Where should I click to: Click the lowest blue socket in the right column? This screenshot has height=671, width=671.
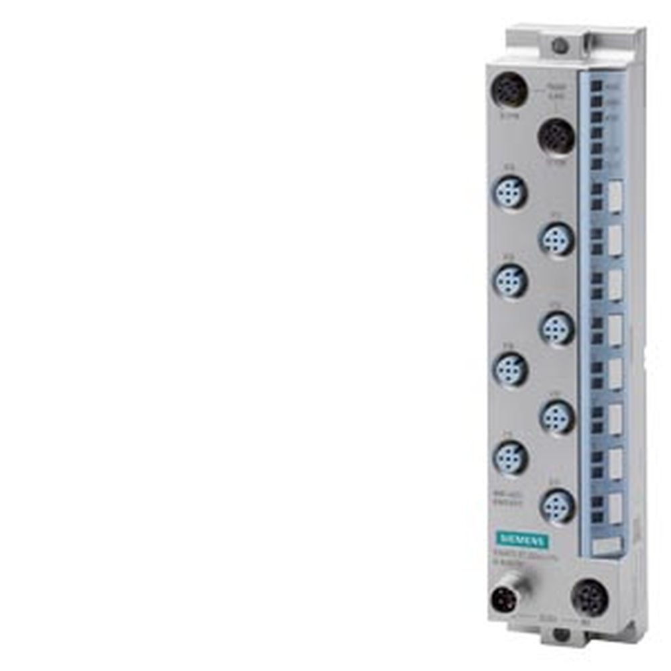click(x=558, y=505)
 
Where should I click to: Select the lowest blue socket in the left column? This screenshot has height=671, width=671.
click(x=510, y=458)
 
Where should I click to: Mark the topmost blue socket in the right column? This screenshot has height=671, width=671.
click(x=556, y=239)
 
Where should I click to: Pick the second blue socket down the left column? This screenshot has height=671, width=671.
click(x=510, y=281)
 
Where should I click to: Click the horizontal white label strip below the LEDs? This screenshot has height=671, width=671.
click(x=606, y=546)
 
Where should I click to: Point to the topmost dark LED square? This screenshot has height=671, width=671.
click(x=596, y=87)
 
